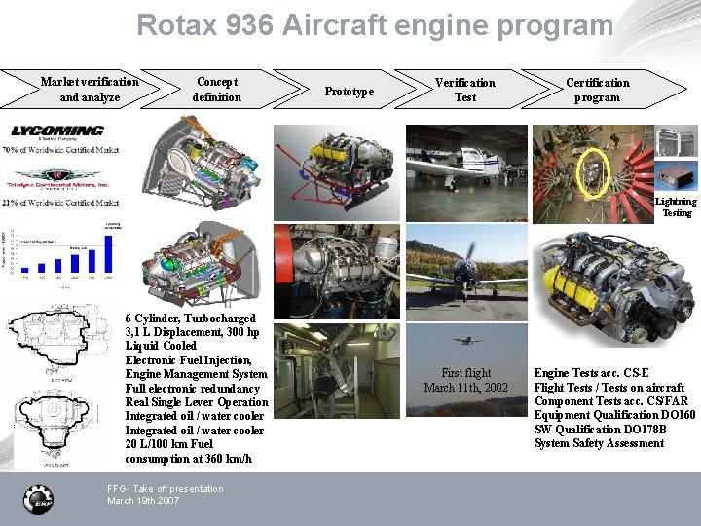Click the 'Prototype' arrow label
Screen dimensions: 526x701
point(350,92)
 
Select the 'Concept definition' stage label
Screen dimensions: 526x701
point(216,90)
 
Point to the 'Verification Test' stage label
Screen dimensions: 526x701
point(464,90)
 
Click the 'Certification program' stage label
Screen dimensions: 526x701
point(598,90)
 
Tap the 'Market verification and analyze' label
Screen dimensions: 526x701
point(90,90)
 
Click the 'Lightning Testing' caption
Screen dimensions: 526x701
point(677,207)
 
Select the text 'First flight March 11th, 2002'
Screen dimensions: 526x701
point(465,380)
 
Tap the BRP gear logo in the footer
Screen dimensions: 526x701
point(38,499)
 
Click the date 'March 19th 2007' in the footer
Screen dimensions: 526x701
point(143,501)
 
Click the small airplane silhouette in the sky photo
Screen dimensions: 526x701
point(466,340)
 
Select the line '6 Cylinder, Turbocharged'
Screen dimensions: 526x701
point(191,319)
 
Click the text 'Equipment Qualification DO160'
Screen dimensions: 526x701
point(614,415)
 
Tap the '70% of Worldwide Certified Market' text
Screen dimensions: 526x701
point(60,151)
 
